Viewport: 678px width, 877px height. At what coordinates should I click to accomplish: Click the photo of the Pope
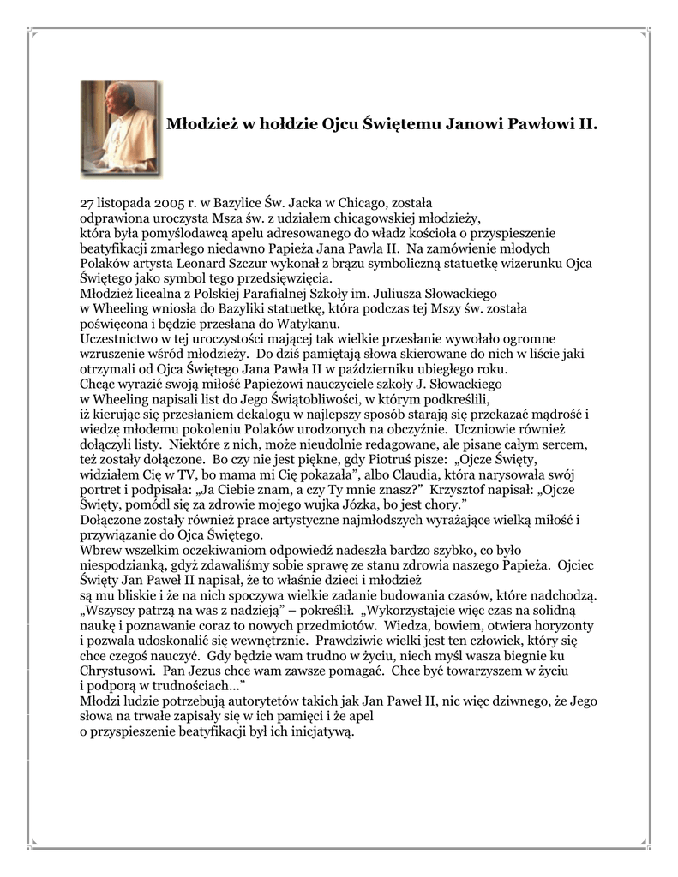click(120, 128)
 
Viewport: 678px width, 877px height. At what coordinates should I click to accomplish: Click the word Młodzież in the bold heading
click(196, 125)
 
